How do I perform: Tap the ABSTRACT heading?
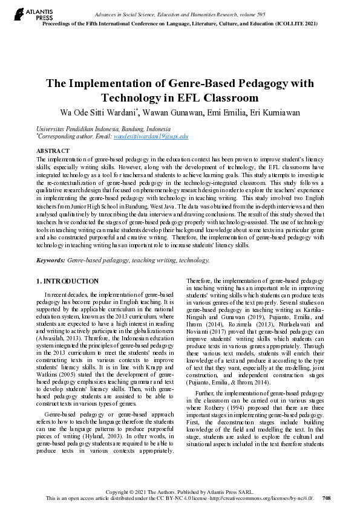pos(53,151)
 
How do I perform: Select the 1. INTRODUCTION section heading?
pos(68,281)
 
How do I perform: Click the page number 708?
pos(327,498)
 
